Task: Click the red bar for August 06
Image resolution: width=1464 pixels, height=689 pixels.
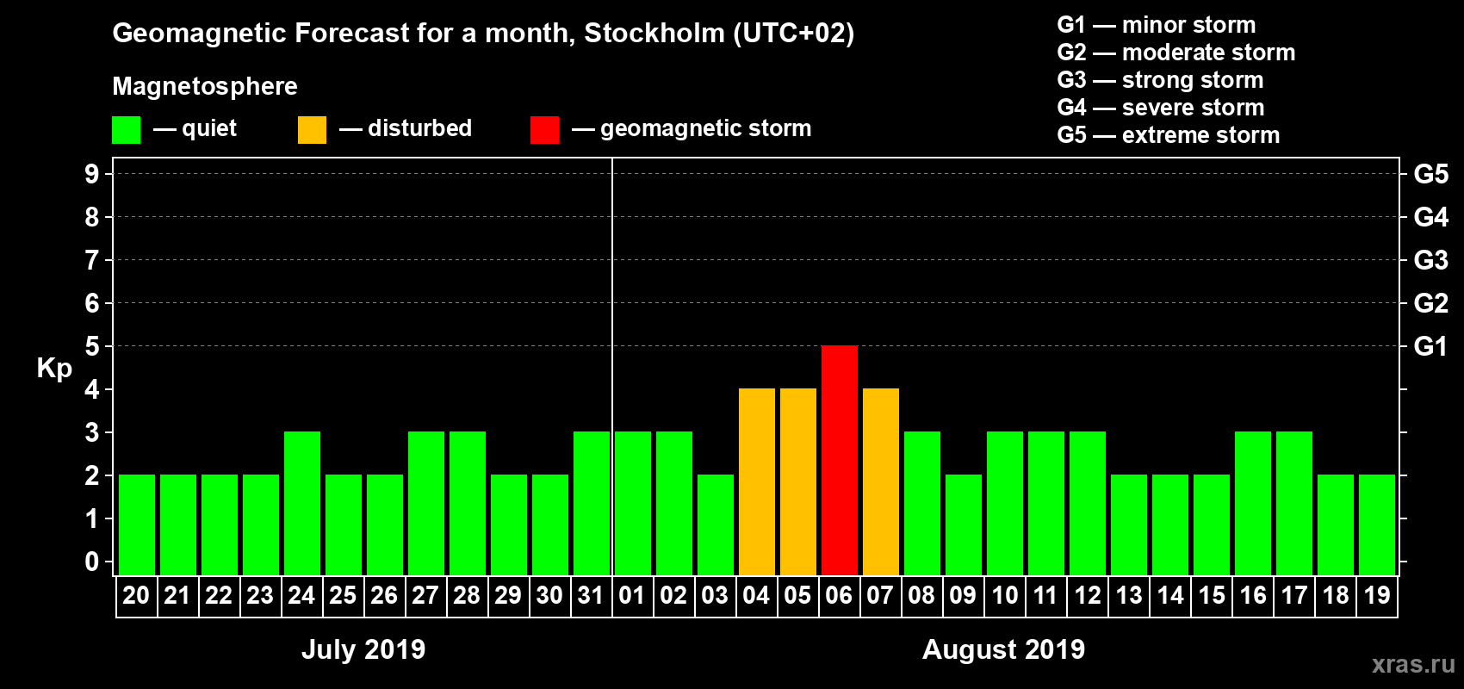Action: click(x=840, y=460)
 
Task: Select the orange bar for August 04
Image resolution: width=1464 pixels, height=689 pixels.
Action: click(x=757, y=481)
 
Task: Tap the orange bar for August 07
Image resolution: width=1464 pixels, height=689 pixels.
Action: click(x=881, y=481)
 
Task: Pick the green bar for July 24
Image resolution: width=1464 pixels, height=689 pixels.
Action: click(x=302, y=503)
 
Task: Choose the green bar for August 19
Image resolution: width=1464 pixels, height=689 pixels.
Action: click(x=1377, y=525)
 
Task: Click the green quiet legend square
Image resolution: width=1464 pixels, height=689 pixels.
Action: click(x=127, y=130)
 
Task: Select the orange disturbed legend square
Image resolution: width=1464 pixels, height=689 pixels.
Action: click(x=312, y=130)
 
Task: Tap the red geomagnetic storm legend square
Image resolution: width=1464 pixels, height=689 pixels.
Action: click(x=544, y=130)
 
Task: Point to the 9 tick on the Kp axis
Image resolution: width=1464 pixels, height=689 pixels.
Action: click(x=92, y=174)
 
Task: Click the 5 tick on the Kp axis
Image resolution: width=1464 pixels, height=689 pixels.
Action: click(x=92, y=346)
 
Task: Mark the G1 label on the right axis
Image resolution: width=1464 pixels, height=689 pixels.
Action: click(x=1430, y=346)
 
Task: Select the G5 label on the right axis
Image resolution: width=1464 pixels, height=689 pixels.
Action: click(x=1430, y=174)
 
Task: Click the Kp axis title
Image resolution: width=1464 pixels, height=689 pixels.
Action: click(x=54, y=369)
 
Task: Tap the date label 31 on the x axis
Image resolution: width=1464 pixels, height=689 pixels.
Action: click(x=591, y=595)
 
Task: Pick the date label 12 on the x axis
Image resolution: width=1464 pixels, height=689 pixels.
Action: click(x=1088, y=595)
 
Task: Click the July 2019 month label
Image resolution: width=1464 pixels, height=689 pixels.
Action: click(x=363, y=649)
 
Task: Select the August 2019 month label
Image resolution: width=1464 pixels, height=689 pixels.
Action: click(x=1003, y=649)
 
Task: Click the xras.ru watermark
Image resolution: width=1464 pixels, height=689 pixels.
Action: click(x=1413, y=664)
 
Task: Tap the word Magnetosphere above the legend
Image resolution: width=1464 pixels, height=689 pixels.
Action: click(x=205, y=86)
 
